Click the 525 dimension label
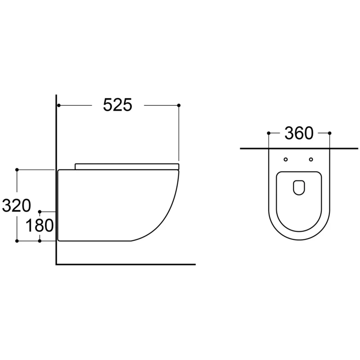pyautogui.click(x=117, y=105)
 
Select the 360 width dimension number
pyautogui.click(x=299, y=133)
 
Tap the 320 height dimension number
pyautogui.click(x=16, y=206)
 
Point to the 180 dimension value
pyautogui.click(x=40, y=225)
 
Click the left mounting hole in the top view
pyautogui.click(x=286, y=159)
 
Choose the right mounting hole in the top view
pyautogui.click(x=311, y=159)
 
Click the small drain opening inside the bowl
pyautogui.click(x=299, y=188)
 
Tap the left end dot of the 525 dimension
pyautogui.click(x=59, y=105)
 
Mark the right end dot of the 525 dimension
pyautogui.click(x=179, y=105)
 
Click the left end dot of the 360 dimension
pyautogui.click(x=269, y=133)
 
